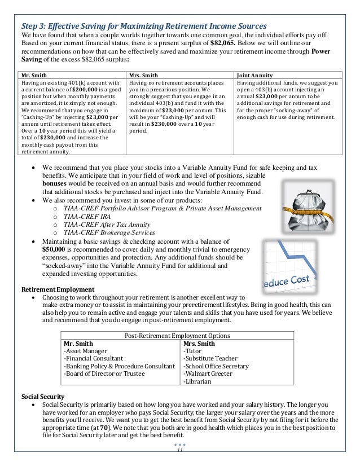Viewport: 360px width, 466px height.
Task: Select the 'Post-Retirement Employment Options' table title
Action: pos(180,335)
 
